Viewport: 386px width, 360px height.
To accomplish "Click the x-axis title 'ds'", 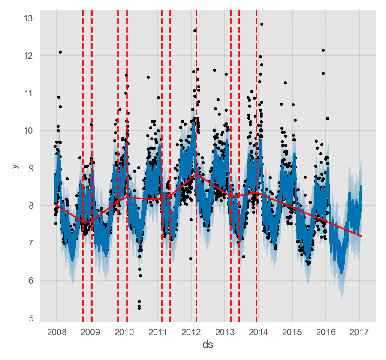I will [x=208, y=345].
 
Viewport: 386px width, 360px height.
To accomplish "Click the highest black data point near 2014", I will [x=262, y=24].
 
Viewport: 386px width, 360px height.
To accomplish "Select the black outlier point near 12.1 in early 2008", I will [x=60, y=52].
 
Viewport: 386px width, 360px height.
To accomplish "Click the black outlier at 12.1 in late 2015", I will [x=323, y=50].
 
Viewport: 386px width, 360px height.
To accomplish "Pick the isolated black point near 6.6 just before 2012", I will [x=190, y=258].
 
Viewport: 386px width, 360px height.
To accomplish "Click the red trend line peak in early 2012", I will [x=196, y=174].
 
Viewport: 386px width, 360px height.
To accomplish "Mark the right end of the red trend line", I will [x=361, y=236].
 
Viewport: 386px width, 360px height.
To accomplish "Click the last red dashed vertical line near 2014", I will [x=256, y=171].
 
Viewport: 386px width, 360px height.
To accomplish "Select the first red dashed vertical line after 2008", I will [x=83, y=171].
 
